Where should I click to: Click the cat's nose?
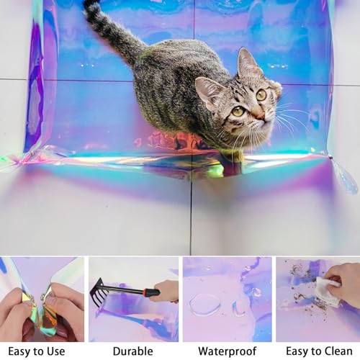(x=261, y=117)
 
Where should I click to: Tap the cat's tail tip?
(x=91, y=3)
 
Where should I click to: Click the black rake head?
(x=96, y=292)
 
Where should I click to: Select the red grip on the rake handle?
(x=149, y=292)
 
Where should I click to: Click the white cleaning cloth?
(x=327, y=292)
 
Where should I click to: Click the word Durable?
(x=132, y=351)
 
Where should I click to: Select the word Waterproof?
(x=228, y=351)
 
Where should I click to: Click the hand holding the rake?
(x=167, y=291)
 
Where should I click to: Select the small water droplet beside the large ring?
(x=238, y=309)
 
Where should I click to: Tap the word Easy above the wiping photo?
(x=296, y=352)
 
